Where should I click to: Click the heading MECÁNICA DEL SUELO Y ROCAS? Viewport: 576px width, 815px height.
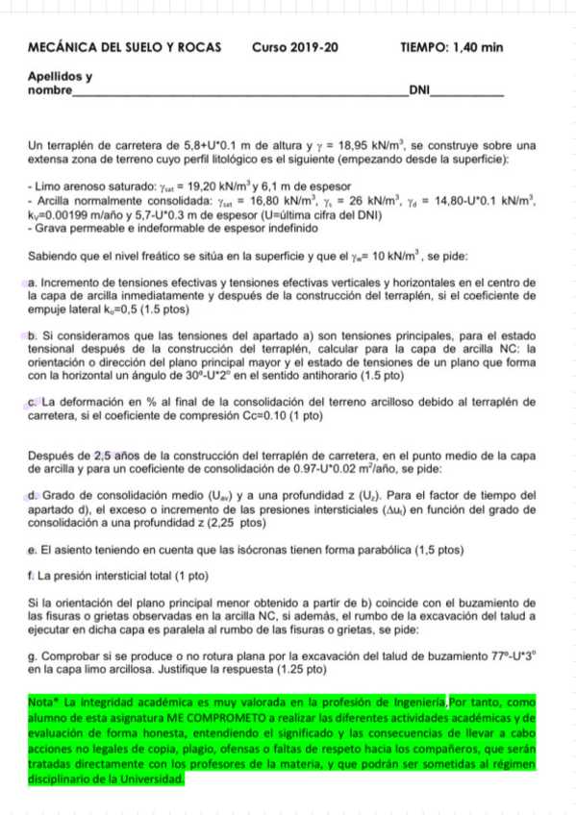click(x=125, y=47)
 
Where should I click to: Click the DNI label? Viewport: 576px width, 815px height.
click(x=418, y=90)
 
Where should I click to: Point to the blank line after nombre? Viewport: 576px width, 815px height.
click(x=240, y=92)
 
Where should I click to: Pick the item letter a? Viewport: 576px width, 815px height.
click(x=34, y=283)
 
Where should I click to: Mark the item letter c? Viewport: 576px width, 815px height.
click(x=34, y=402)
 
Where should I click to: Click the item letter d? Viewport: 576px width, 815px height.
click(x=34, y=495)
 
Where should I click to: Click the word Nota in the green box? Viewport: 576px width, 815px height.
click(x=42, y=703)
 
